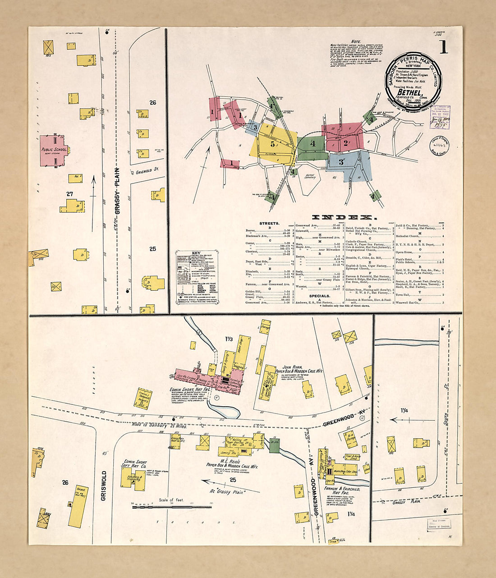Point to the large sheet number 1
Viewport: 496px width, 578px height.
coord(444,47)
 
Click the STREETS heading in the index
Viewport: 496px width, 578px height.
coord(270,223)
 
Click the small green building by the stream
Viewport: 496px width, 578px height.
coord(274,445)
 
